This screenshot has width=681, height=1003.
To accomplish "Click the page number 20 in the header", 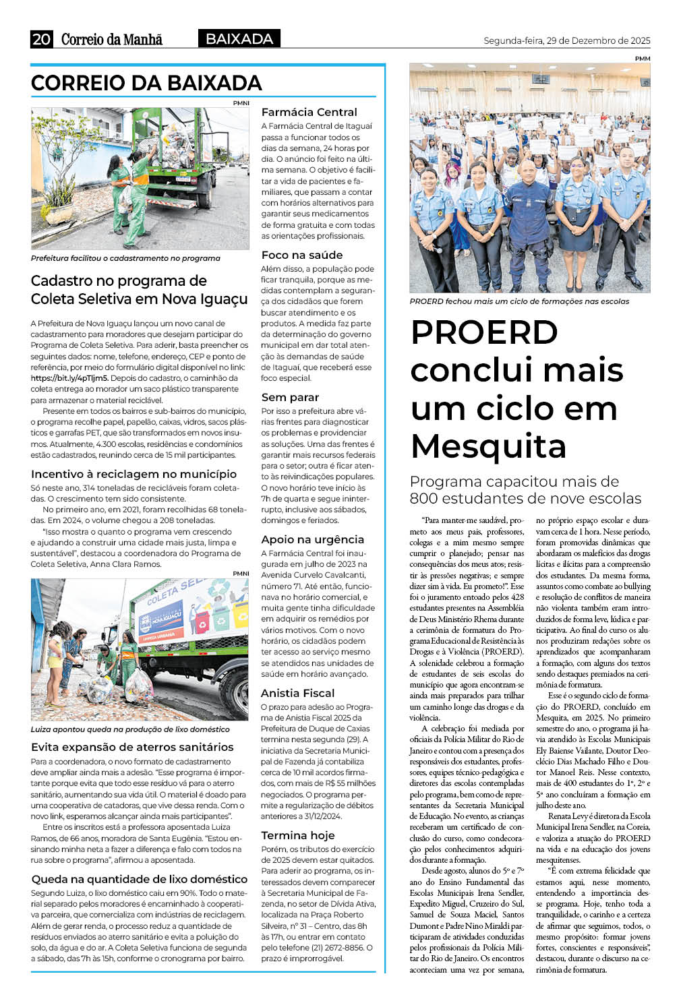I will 41,39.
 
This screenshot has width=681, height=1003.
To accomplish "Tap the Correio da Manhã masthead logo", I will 112,39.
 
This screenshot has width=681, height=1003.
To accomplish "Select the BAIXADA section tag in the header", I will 239,39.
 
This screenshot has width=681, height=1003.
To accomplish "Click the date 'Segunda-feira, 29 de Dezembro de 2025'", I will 566,40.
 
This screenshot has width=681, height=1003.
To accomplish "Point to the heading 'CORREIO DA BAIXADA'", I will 146,83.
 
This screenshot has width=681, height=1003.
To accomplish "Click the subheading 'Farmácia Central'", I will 309,112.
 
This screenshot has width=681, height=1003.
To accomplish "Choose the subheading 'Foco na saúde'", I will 301,255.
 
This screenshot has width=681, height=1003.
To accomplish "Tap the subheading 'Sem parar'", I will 290,397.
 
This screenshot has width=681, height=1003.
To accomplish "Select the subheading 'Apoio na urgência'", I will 312,539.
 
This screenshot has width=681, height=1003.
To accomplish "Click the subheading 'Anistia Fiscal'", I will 297,693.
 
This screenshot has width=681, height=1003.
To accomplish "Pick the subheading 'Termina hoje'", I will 297,835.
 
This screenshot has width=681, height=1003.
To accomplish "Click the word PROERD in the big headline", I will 484,332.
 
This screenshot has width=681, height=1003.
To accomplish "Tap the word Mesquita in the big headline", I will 488,446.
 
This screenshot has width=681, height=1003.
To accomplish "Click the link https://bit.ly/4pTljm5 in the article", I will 69,378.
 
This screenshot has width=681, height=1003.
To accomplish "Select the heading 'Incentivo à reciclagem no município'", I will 134,474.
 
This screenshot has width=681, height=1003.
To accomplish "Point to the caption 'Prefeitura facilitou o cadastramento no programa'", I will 125,258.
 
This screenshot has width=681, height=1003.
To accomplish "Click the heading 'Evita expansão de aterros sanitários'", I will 132,747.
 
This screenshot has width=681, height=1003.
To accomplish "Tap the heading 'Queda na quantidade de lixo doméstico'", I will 140,879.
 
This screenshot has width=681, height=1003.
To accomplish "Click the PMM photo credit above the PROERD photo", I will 642,59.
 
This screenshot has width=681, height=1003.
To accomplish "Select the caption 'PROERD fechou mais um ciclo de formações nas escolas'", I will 519,301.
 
